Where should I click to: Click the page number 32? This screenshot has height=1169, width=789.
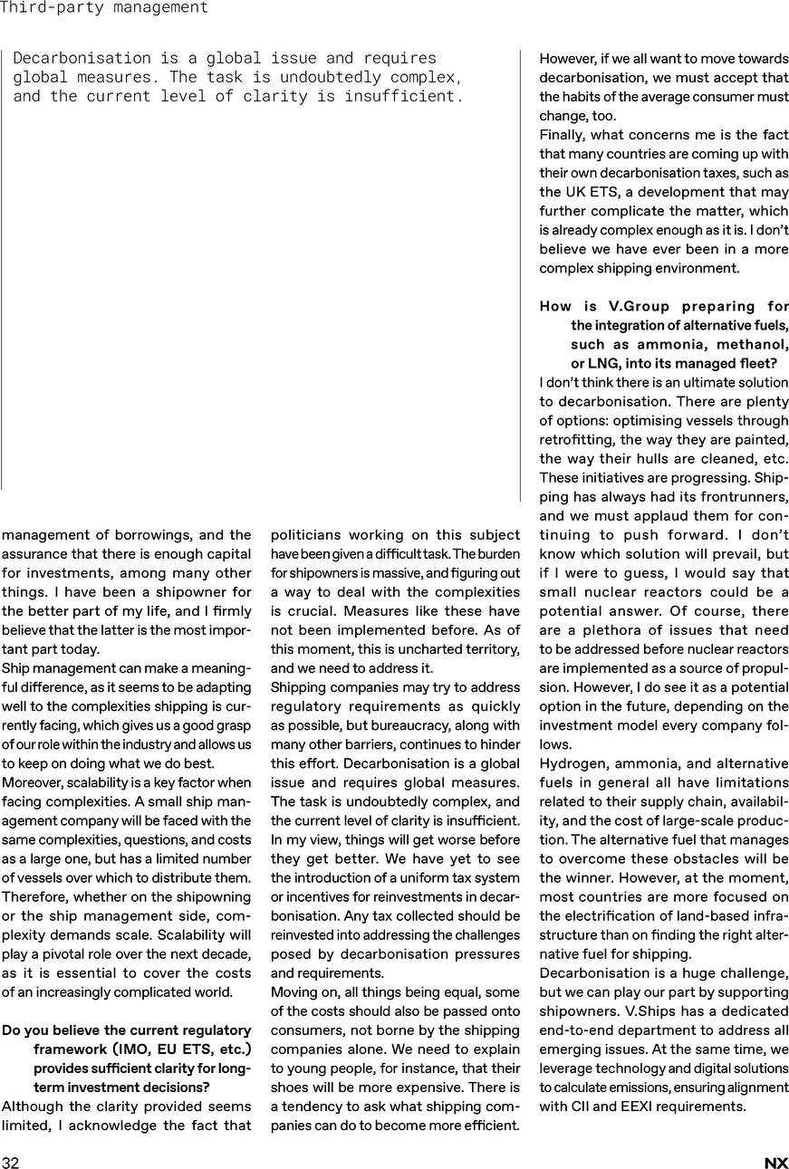pyautogui.click(x=11, y=1163)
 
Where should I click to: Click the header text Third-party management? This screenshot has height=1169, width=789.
pyautogui.click(x=104, y=8)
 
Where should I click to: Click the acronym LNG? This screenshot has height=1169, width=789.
pyautogui.click(x=605, y=364)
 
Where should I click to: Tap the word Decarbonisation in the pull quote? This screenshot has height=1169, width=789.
pyautogui.click(x=71, y=58)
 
